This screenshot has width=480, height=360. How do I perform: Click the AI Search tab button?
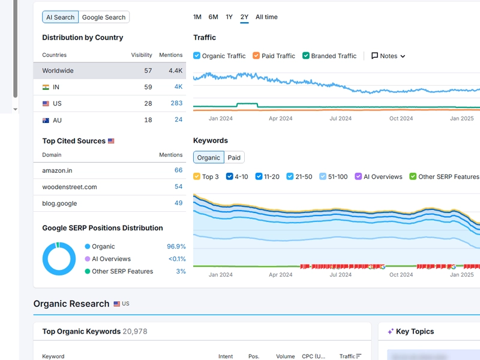click(x=60, y=17)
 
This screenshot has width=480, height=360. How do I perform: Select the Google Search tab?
click(x=104, y=17)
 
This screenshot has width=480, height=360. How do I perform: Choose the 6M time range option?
click(x=213, y=17)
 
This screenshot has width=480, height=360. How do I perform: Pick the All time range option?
click(x=266, y=17)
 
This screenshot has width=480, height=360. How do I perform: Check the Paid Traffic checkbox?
click(x=256, y=56)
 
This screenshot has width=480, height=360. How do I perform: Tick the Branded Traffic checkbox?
click(x=306, y=56)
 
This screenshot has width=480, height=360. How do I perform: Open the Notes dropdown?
click(x=388, y=56)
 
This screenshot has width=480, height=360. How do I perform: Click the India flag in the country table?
click(x=46, y=87)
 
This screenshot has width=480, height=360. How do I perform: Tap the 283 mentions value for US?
click(x=176, y=103)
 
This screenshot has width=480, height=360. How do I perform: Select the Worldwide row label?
click(x=58, y=71)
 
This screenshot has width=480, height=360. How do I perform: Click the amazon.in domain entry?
click(x=57, y=170)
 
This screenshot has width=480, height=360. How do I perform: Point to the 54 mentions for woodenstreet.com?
click(x=178, y=187)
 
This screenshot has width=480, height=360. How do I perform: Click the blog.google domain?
click(x=59, y=203)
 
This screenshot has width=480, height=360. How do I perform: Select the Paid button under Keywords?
click(x=234, y=158)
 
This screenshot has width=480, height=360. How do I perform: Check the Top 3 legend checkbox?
click(x=197, y=176)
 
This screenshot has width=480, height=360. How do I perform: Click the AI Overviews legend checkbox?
click(x=358, y=176)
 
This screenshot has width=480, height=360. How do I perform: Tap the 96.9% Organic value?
click(x=176, y=247)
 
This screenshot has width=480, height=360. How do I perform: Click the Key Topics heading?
click(x=415, y=331)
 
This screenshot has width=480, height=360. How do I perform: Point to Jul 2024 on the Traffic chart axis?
click(x=340, y=118)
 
